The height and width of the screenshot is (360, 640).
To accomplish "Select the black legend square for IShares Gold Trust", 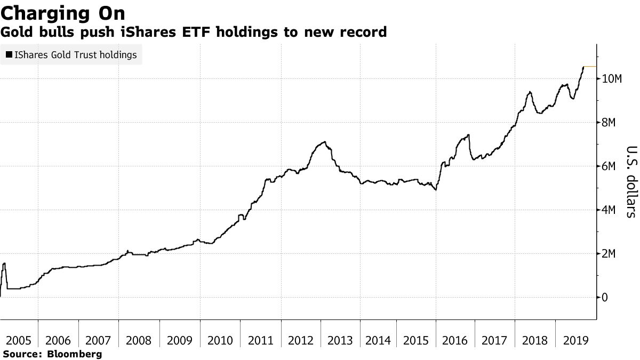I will click(x=9, y=55).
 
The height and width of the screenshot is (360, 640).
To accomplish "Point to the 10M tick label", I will click(x=612, y=79).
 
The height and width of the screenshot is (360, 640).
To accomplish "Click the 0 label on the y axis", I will click(x=605, y=298).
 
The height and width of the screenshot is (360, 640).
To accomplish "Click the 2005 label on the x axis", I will click(x=19, y=340).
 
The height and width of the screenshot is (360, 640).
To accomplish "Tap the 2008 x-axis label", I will click(x=138, y=340).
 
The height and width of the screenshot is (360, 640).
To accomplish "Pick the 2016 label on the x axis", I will click(x=455, y=340).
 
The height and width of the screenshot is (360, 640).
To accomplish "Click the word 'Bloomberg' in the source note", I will click(x=75, y=354).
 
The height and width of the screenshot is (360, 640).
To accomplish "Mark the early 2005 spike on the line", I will click(x=4, y=263).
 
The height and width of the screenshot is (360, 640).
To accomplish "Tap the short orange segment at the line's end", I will click(x=590, y=67).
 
